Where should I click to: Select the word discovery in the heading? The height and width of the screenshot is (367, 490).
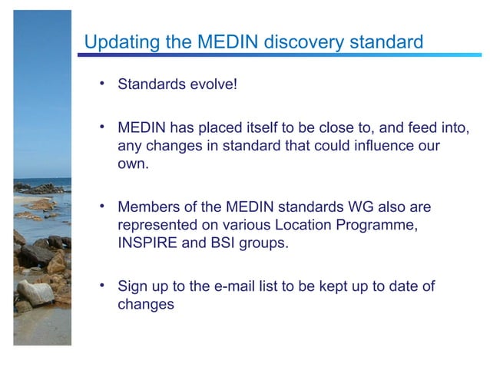(x=298, y=41)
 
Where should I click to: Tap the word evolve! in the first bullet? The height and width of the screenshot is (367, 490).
(x=210, y=84)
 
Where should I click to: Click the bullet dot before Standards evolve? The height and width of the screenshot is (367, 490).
(x=101, y=83)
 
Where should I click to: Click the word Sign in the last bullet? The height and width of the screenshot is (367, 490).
(x=132, y=287)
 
